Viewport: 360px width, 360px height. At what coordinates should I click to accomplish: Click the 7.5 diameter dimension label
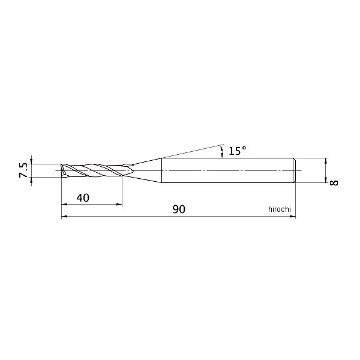click(x=23, y=170)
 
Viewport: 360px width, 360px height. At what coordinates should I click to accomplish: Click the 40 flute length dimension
click(x=83, y=197)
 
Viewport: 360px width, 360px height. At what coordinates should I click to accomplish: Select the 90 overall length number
click(x=179, y=209)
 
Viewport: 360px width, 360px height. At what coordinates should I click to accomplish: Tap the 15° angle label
click(x=238, y=151)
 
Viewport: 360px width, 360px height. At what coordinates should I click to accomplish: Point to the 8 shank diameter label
click(x=334, y=183)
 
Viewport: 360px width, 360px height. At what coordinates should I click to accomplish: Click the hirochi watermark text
click(x=280, y=209)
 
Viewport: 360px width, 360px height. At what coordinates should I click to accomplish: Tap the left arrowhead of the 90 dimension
click(x=64, y=216)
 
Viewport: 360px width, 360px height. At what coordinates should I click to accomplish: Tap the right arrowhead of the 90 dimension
click(x=293, y=216)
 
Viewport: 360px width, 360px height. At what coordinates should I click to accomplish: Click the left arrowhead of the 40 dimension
click(x=64, y=204)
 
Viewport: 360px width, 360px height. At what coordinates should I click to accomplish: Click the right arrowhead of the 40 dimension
click(x=119, y=204)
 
